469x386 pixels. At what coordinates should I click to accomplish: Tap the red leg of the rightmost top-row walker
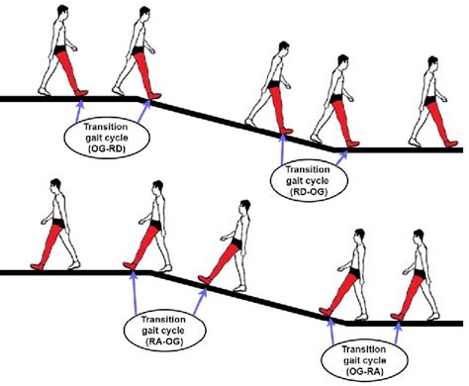click(x=426, y=119)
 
